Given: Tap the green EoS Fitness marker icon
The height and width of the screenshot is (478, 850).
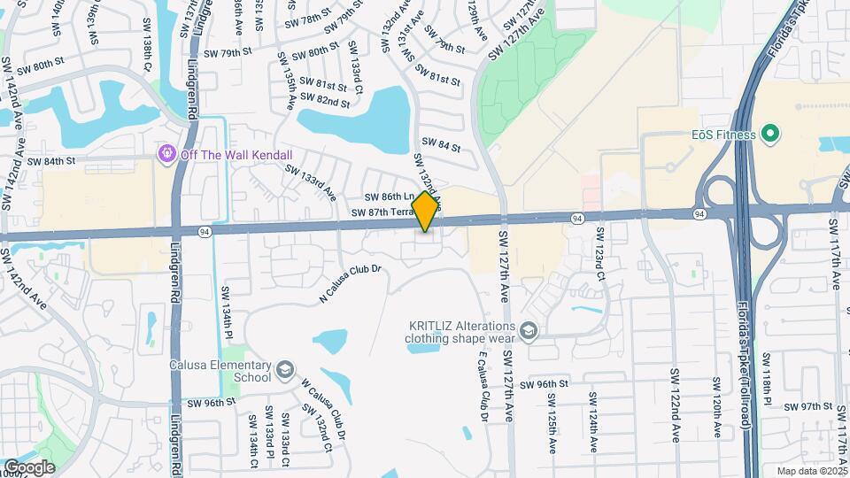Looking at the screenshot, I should click(770, 135).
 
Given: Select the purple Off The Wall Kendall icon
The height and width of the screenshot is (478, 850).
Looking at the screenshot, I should click(166, 155).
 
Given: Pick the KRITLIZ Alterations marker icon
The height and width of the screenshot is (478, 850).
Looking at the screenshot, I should click(529, 331).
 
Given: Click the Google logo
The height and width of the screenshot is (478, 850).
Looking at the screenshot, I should click(28, 467).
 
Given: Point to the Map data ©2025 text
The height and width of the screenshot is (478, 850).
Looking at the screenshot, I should click(812, 471).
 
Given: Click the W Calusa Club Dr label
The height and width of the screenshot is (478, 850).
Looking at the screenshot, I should click(322, 406).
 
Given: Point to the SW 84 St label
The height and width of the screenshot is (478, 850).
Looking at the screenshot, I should click(441, 143).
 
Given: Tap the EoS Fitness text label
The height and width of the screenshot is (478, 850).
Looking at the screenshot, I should click(723, 135).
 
